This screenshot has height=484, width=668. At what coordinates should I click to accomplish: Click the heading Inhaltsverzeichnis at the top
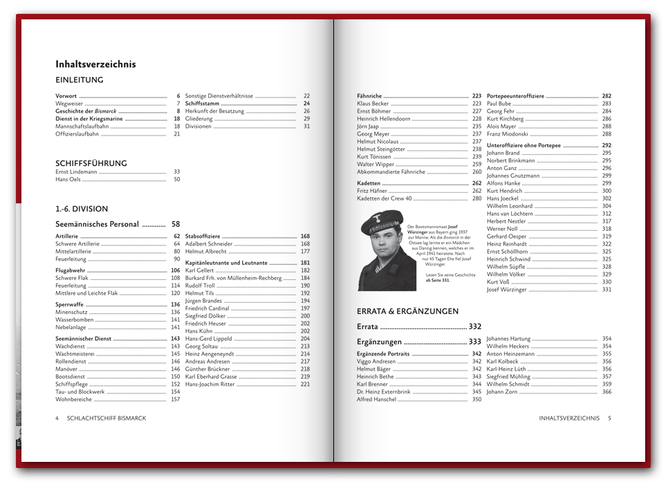point(95,64)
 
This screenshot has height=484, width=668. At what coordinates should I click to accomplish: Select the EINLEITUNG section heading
point(80,80)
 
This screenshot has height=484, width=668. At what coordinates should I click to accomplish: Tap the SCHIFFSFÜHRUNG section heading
point(91,164)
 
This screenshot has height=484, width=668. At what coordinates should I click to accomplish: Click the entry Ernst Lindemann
point(77,172)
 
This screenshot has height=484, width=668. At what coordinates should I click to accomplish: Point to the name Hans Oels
point(68,180)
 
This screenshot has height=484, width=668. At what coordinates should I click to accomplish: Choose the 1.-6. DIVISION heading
point(82,209)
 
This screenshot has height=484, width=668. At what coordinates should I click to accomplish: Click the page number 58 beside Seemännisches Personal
point(176,224)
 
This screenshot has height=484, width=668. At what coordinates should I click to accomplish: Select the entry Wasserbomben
point(74,320)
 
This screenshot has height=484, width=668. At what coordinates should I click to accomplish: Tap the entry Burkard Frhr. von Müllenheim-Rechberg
point(233,278)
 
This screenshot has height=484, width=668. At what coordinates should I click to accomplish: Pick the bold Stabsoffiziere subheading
point(203,236)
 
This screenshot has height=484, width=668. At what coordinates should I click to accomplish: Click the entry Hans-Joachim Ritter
point(210,384)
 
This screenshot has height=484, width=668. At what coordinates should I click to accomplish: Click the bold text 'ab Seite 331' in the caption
point(438,281)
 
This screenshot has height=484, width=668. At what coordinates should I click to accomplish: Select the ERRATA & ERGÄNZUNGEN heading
point(407,311)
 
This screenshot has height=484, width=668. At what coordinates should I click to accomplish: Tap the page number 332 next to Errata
point(474,326)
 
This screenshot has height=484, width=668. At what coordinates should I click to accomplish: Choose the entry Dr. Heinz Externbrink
point(383,392)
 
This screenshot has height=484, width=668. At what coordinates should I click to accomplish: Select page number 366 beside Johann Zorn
point(606,392)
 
